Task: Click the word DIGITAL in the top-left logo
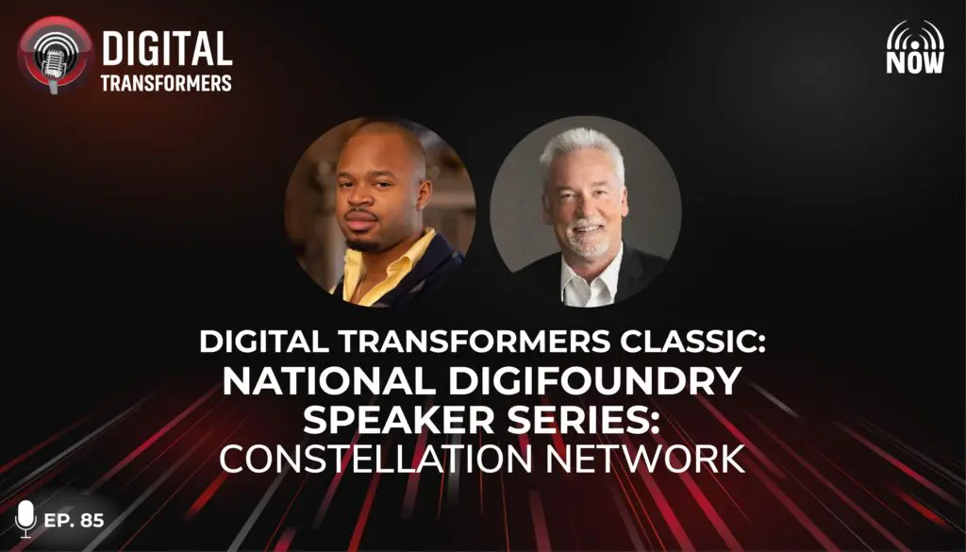click(x=167, y=48)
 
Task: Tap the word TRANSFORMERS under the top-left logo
click(x=166, y=83)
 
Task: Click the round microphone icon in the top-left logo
click(x=55, y=54)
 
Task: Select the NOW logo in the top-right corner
click(x=915, y=47)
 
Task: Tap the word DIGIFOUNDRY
click(x=594, y=381)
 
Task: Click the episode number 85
click(x=92, y=521)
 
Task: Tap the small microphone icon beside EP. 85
click(x=25, y=518)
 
